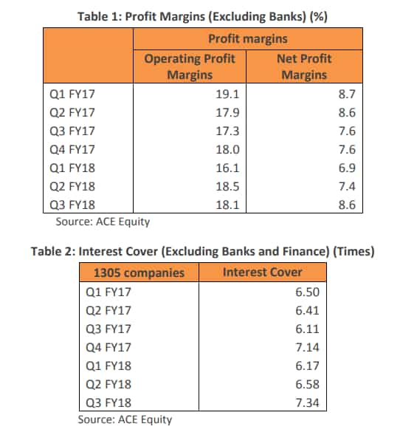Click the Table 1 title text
(x=202, y=17)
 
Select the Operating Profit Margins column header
(x=190, y=67)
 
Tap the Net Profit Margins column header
(x=304, y=67)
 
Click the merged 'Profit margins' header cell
(x=248, y=39)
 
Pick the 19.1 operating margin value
(x=227, y=95)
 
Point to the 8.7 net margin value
(x=347, y=95)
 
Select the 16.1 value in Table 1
(x=227, y=168)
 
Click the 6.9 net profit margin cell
(x=347, y=168)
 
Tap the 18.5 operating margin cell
(x=227, y=187)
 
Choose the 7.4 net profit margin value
(x=347, y=187)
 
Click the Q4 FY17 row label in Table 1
(x=72, y=150)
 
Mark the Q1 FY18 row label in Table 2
(x=108, y=366)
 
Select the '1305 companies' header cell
(x=139, y=273)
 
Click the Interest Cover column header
(x=263, y=273)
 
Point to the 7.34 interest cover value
(x=308, y=403)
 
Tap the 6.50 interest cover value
(x=308, y=292)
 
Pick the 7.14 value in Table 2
(x=308, y=347)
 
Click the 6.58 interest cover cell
(x=308, y=385)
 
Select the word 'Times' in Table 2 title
(x=354, y=251)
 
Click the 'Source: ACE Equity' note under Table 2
(x=125, y=419)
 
